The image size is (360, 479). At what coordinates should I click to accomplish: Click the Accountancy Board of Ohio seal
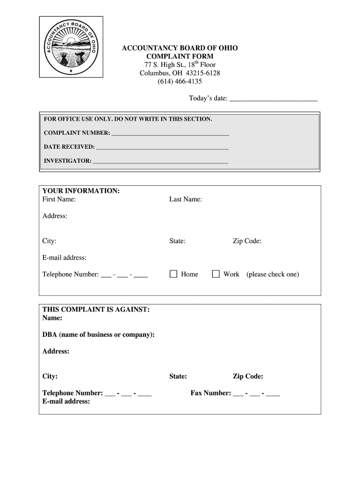[71, 46]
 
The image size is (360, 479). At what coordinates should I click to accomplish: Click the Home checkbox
[173, 274]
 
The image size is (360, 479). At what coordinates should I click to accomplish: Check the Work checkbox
[216, 274]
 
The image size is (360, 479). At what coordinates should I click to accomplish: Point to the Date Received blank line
[162, 148]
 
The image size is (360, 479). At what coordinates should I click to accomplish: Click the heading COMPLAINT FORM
[180, 56]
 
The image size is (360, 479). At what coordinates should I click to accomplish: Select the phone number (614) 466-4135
[180, 81]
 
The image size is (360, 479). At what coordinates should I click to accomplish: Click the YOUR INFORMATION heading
[81, 191]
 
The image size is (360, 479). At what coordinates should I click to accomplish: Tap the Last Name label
[186, 199]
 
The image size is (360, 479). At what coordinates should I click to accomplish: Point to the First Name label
[59, 199]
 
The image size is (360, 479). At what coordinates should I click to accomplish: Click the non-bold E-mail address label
[64, 258]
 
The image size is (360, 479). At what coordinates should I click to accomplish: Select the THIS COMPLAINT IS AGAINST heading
[96, 310]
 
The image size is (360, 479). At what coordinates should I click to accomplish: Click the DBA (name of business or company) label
[98, 335]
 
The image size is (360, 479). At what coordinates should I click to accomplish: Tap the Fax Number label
[210, 393]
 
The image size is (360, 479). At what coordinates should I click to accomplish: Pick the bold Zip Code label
[248, 377]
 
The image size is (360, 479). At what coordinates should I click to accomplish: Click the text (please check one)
[273, 274]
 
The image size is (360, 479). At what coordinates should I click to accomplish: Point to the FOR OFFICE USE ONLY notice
[128, 119]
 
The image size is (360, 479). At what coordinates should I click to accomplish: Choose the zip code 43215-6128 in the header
[203, 73]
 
